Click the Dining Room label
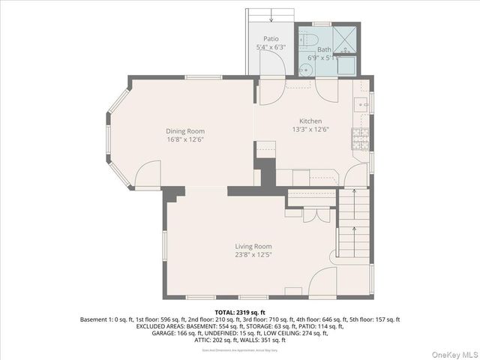pos(185,131)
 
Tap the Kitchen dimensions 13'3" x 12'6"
pos(310,129)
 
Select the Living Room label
pos(253,246)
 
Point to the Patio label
pos(271,38)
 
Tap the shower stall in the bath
pos(346,40)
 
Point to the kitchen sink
pos(361,105)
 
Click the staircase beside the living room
pos(354,225)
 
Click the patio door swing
pos(272,64)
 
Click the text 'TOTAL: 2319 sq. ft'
pos(240,312)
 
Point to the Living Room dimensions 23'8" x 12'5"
pos(253,255)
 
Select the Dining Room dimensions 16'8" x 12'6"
pos(185,139)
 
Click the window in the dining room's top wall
pos(203,76)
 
